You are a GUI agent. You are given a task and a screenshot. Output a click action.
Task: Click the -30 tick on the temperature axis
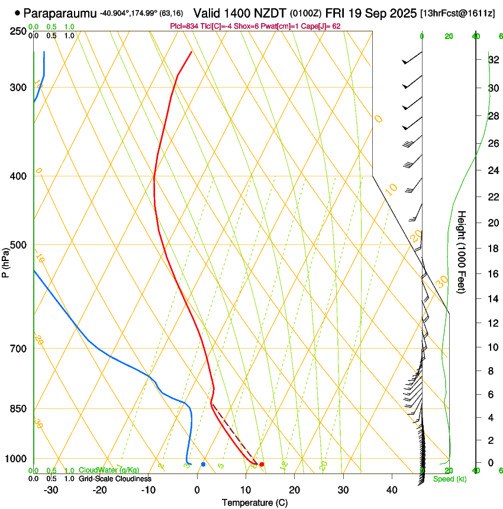click(x=51, y=489)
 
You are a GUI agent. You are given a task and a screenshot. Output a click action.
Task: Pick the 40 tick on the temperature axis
click(x=391, y=489)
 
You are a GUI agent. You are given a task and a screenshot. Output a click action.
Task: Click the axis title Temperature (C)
click(x=254, y=502)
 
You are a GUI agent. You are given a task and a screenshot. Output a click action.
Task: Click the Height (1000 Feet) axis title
click(x=462, y=252)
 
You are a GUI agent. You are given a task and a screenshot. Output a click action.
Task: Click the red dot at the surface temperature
click(x=262, y=465)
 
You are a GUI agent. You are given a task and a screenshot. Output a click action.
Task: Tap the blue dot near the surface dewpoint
click(x=203, y=465)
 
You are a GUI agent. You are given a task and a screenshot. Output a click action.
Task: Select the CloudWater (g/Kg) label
click(x=105, y=471)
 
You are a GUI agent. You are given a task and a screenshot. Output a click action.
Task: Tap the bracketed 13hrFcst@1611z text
click(x=458, y=13)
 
